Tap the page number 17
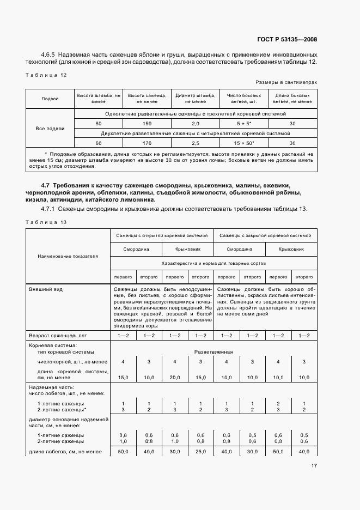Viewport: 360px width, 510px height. click(x=314, y=466)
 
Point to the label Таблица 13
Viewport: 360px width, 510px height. click(x=46, y=222)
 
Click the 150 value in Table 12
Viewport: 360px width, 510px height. click(x=147, y=124)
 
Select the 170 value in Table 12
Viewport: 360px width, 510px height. click(x=147, y=143)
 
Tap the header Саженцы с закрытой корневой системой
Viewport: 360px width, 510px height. click(x=265, y=235)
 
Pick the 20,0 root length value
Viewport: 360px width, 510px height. click(x=175, y=377)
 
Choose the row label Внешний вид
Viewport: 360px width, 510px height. click(x=46, y=289)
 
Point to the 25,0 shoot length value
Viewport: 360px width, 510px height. click(x=200, y=452)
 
